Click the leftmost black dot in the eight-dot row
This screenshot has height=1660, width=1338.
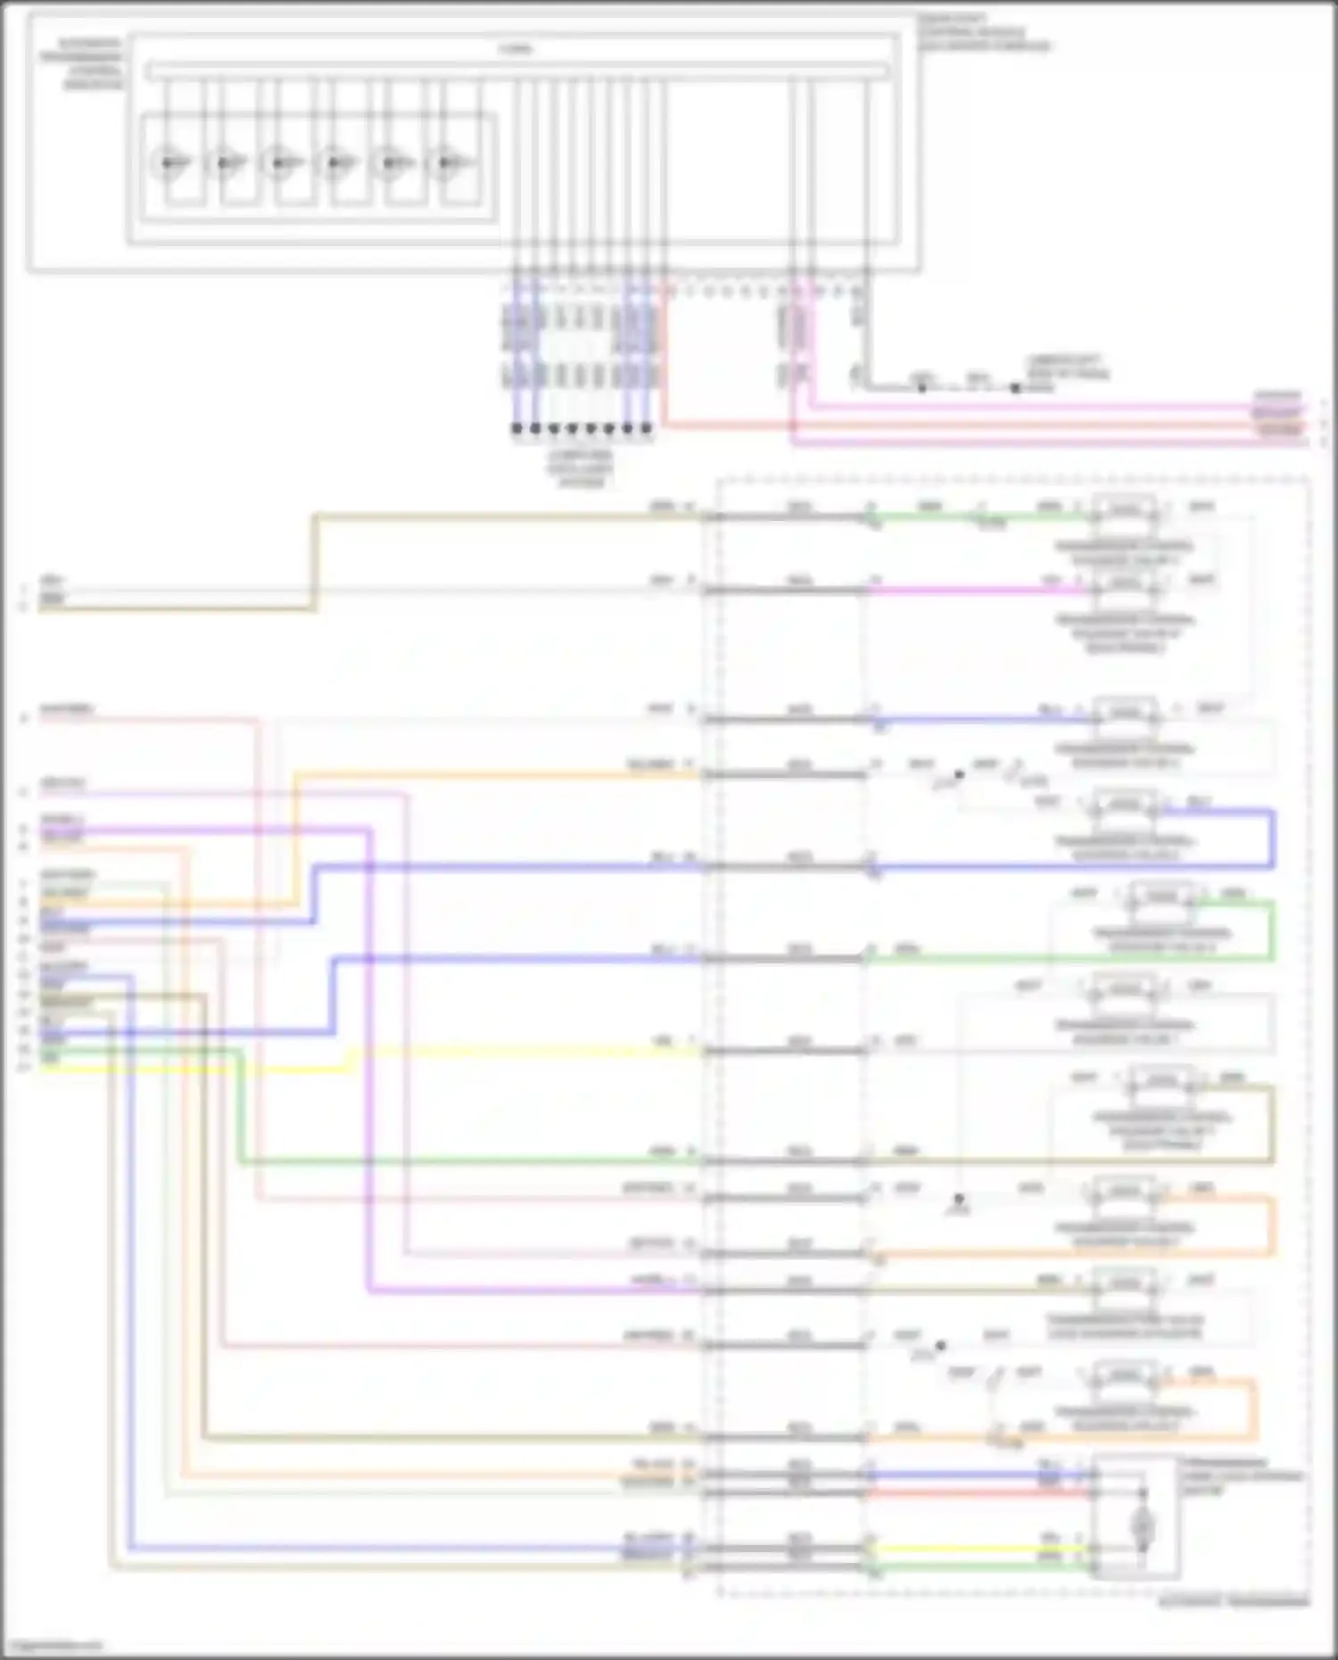coord(516,428)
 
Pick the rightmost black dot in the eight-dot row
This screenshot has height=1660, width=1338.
coord(647,428)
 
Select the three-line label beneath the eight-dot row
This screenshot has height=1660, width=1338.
coord(581,468)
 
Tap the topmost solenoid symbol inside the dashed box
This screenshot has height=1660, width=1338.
coord(1125,511)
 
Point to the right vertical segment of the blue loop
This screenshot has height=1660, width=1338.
coord(1272,838)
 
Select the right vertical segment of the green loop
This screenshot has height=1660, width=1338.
coord(1272,931)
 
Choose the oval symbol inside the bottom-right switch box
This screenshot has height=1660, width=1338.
coord(1141,1528)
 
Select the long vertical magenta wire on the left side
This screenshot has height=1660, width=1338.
coord(368,1061)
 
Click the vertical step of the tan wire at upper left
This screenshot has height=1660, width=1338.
coord(314,562)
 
